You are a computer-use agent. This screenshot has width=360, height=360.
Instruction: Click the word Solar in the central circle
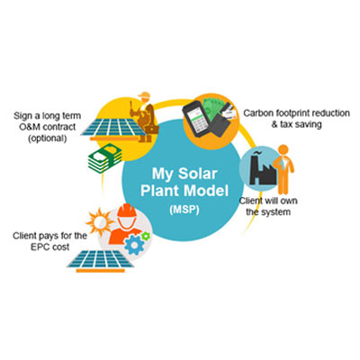[x=197, y=174]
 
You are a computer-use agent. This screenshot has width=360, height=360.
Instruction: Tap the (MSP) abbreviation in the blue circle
[x=184, y=210]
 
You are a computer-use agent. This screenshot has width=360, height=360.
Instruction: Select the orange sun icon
[x=99, y=222]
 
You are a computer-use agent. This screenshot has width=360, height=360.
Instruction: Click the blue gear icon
[x=134, y=245]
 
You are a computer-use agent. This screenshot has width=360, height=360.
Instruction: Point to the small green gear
[x=146, y=236]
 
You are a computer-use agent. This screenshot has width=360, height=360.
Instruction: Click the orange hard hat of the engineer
[x=127, y=211]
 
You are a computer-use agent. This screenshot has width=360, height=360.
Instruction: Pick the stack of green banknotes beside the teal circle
[x=104, y=157]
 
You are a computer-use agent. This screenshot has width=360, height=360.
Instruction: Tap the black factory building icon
[x=262, y=169]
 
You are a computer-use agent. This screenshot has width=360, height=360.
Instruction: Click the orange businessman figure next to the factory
[x=283, y=169]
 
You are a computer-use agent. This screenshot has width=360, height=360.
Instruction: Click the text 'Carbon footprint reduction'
[x=296, y=113]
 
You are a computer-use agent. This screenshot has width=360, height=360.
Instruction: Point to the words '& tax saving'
[x=296, y=124]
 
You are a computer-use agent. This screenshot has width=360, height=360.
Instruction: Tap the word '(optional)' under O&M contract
[x=48, y=138]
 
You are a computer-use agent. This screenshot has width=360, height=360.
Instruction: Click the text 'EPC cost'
[x=49, y=247]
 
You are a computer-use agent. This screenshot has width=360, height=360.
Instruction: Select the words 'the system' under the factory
[x=268, y=211]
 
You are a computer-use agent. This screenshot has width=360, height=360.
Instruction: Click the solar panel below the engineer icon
[x=101, y=260]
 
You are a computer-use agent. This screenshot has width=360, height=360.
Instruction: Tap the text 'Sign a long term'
[x=48, y=116]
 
